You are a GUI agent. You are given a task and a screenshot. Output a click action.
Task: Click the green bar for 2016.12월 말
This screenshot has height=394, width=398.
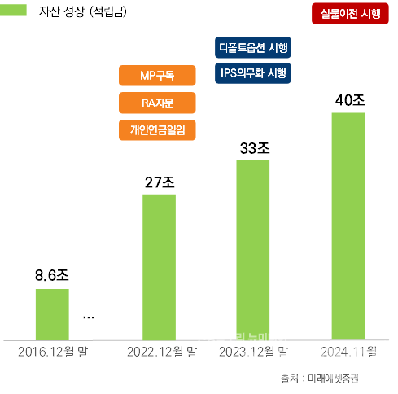point(52,313)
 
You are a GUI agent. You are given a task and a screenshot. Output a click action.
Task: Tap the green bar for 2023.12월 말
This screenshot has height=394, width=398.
point(252,249)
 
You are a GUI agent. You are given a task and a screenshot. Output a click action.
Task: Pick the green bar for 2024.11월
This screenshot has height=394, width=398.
point(348,225)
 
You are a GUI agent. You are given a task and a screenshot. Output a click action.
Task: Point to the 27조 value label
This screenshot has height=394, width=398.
point(160,182)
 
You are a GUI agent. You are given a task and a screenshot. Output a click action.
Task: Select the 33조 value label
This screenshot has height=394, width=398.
point(254,148)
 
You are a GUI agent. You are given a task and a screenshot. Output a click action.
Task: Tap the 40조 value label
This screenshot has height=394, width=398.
point(349,100)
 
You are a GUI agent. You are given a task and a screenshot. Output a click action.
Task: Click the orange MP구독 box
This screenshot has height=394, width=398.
point(157,76)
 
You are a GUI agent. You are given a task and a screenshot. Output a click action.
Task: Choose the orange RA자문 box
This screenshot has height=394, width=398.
point(157,103)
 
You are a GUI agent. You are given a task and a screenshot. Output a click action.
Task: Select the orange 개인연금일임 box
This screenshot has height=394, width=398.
point(157,129)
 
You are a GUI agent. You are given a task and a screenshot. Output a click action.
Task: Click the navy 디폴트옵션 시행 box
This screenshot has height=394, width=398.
point(253,46)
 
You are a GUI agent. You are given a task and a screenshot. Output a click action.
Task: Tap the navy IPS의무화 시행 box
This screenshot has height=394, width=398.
point(253,73)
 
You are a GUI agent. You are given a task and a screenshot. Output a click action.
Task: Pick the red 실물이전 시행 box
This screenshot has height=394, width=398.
point(350,15)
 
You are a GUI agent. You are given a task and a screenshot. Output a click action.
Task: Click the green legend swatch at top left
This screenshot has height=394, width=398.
point(16,11)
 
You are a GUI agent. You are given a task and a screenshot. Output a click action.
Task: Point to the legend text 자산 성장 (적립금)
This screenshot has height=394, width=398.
point(89,12)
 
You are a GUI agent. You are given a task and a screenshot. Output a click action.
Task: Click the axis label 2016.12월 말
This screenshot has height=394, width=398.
point(53,352)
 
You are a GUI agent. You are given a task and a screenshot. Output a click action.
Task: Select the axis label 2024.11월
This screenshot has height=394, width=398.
point(348,352)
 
